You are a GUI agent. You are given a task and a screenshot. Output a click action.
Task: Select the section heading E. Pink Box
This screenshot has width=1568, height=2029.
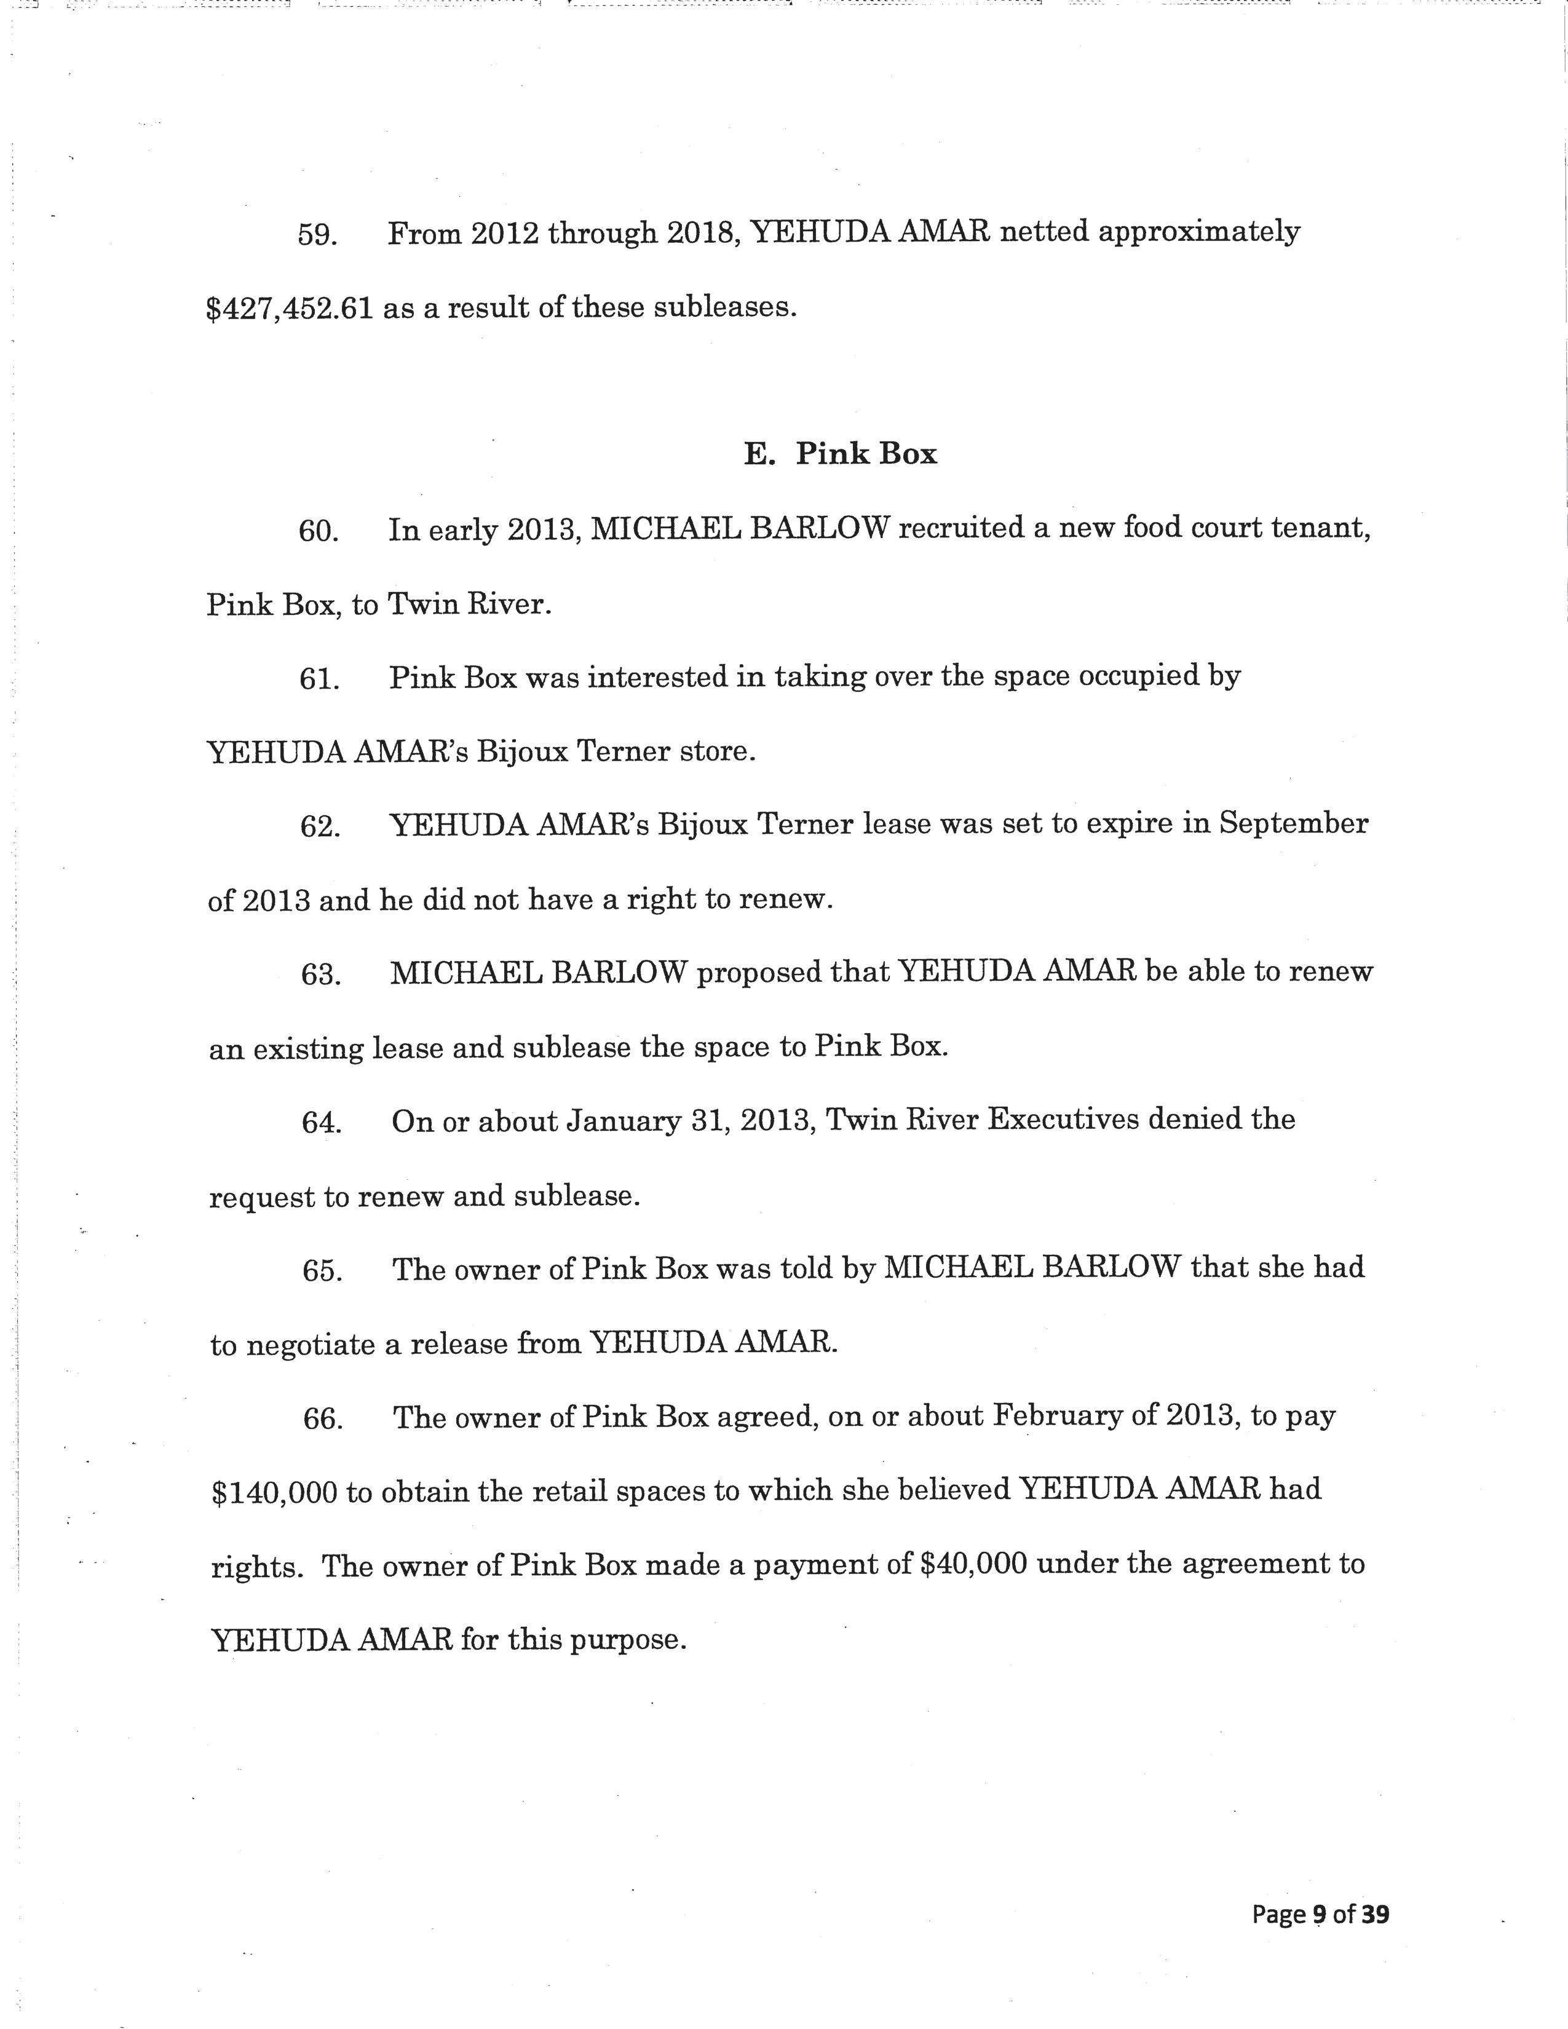click(840, 454)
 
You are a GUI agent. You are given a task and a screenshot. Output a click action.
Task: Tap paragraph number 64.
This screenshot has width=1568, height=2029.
click(320, 1122)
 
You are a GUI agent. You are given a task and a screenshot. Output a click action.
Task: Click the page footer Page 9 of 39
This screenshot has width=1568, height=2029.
click(1320, 1914)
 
